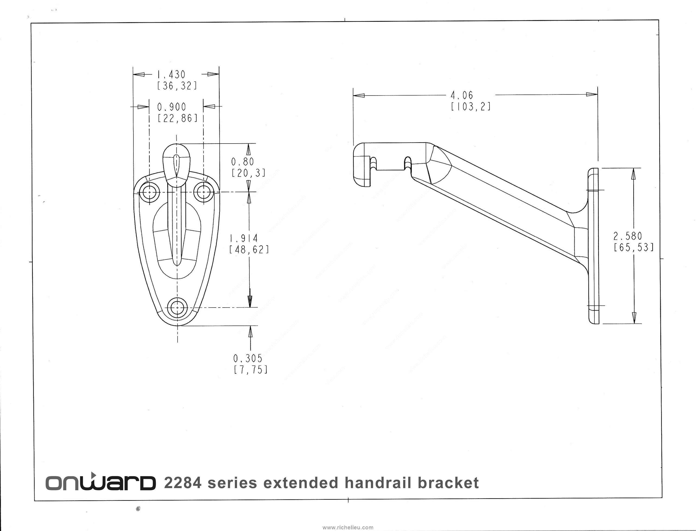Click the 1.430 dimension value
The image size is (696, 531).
(171, 75)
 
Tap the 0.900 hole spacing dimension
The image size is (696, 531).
(172, 107)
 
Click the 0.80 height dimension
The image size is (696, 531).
(242, 162)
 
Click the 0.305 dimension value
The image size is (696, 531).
(248, 358)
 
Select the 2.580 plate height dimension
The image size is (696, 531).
(628, 236)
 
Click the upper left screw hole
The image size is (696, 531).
(149, 192)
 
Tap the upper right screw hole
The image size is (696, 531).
(204, 192)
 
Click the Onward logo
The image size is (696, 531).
(100, 483)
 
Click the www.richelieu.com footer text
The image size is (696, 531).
(348, 527)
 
